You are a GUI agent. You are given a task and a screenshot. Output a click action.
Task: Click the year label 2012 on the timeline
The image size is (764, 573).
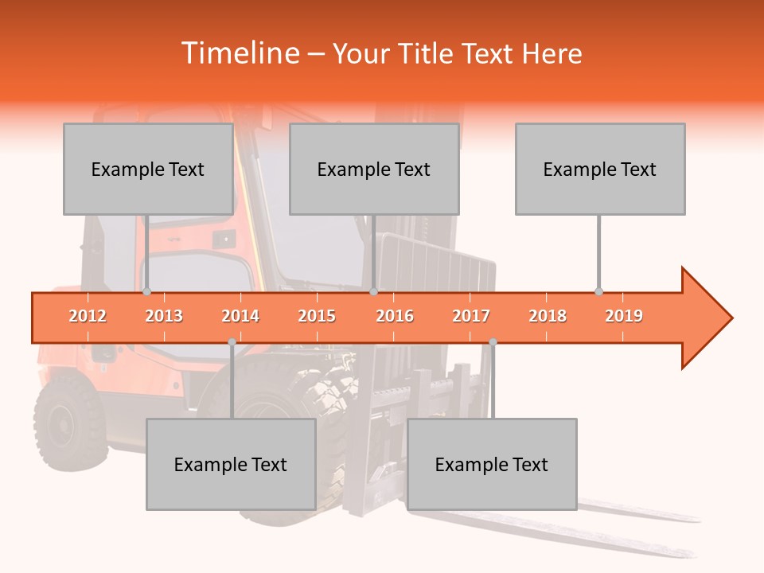click(x=88, y=316)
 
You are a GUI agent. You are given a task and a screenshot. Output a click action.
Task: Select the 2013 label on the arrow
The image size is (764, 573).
click(x=164, y=316)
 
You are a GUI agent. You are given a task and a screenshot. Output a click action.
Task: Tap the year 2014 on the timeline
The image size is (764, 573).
click(x=240, y=316)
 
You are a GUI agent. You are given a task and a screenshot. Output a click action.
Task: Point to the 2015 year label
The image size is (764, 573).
click(x=317, y=316)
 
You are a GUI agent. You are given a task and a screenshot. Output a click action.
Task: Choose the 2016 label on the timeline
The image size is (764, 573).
click(x=395, y=316)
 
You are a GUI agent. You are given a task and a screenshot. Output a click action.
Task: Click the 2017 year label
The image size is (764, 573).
click(x=471, y=316)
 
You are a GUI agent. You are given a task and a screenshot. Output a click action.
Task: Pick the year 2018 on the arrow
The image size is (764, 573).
click(x=548, y=316)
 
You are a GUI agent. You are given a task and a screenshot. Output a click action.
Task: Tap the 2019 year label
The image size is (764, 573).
click(x=624, y=316)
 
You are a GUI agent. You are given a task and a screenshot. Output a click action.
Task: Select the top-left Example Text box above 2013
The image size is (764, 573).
click(x=148, y=170)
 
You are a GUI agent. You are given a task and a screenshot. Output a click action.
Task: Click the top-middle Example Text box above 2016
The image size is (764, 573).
click(x=374, y=170)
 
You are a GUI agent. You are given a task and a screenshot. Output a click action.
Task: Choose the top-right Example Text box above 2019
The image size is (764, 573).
click(x=600, y=170)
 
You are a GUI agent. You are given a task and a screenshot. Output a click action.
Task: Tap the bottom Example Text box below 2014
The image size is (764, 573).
click(x=231, y=465)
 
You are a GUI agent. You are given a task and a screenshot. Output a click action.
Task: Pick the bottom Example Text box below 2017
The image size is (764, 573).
click(x=492, y=465)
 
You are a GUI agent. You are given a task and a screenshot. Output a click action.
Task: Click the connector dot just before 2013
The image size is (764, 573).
click(x=146, y=292)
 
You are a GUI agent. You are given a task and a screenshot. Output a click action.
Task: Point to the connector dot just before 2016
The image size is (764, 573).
click(x=373, y=292)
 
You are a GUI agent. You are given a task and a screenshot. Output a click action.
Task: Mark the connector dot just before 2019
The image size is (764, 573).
click(x=598, y=292)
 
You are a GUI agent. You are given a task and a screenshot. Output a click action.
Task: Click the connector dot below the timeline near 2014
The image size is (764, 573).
click(x=232, y=342)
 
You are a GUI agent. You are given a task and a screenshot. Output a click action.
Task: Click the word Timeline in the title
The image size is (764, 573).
click(x=238, y=53)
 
